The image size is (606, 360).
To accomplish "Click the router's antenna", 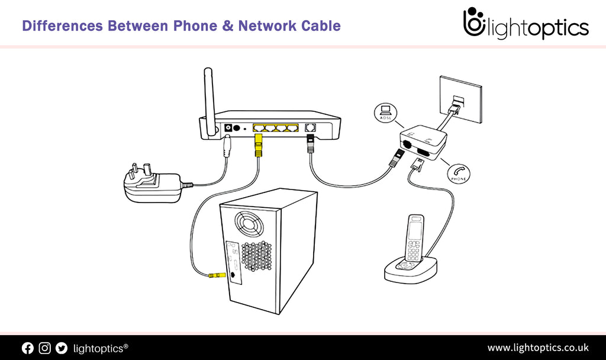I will (x=208, y=95).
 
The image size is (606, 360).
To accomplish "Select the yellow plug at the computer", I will (x=216, y=275).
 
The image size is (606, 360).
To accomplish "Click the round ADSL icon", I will (x=385, y=112).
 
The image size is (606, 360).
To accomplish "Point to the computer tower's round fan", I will (x=247, y=223).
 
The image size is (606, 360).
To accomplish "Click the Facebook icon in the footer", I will (x=28, y=348).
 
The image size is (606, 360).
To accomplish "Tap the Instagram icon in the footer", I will (x=44, y=348).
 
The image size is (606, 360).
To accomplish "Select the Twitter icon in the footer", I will (x=62, y=348).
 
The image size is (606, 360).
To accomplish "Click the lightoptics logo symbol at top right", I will (x=473, y=24).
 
